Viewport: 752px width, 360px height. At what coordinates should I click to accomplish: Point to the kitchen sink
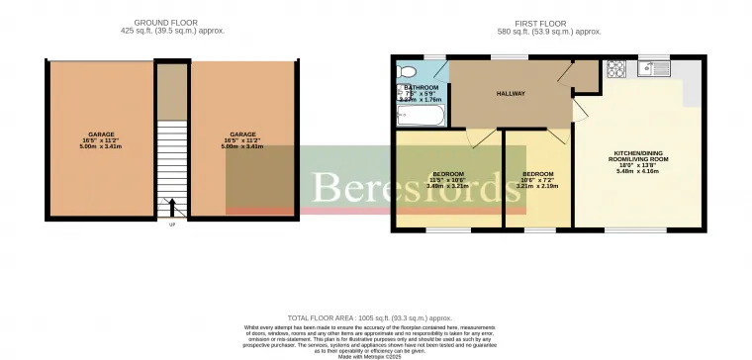(654, 69)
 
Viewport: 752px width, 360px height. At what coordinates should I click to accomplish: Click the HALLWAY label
(510, 94)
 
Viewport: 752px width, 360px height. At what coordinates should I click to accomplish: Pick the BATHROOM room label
(421, 87)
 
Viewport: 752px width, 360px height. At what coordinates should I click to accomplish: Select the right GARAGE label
(243, 134)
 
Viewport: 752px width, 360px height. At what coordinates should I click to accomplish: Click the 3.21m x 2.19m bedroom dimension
(537, 186)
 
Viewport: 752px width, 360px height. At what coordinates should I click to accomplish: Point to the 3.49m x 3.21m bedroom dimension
(447, 186)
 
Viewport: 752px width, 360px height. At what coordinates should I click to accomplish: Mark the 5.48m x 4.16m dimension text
(637, 171)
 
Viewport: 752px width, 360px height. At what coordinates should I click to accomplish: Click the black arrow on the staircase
(174, 208)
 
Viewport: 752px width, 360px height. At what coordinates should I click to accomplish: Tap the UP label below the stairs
(173, 225)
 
